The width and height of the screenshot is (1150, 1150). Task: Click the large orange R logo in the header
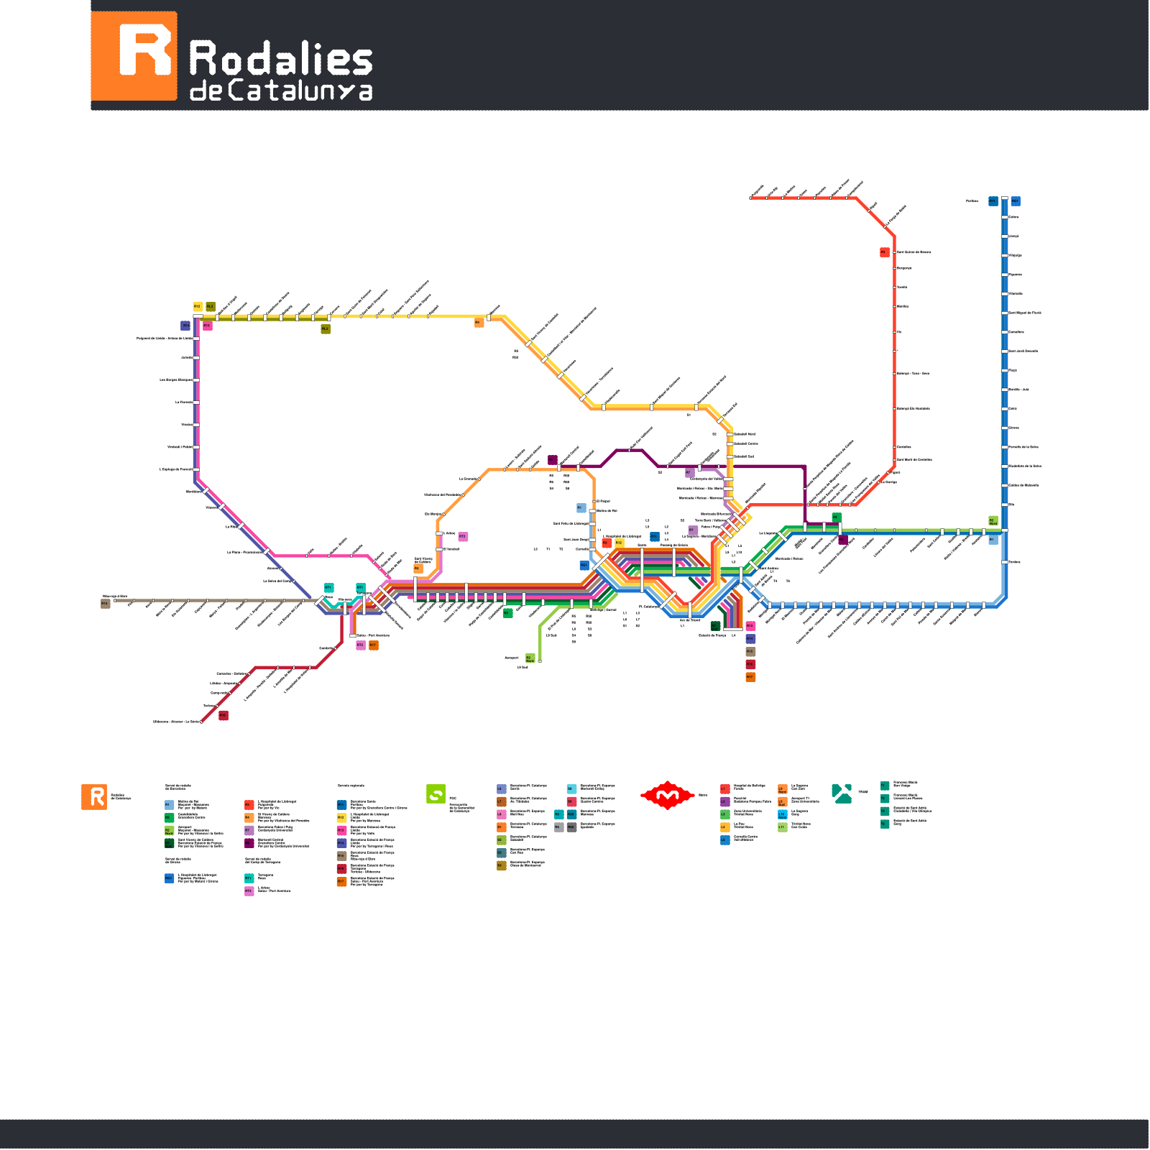(134, 56)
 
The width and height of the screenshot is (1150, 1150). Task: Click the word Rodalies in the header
(280, 58)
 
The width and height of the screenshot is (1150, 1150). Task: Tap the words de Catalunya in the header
(280, 91)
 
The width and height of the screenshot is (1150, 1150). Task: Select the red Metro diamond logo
(667, 795)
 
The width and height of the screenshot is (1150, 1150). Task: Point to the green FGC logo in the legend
(436, 794)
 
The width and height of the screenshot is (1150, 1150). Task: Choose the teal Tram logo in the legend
(842, 793)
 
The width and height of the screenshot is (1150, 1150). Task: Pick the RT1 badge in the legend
(249, 878)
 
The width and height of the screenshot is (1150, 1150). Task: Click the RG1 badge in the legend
(169, 878)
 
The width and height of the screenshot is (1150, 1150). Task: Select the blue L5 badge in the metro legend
(725, 839)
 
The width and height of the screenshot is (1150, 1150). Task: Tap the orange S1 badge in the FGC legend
(501, 827)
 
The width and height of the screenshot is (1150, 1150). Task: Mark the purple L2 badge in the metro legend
(725, 801)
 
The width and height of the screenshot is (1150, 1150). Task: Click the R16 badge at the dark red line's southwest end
(224, 715)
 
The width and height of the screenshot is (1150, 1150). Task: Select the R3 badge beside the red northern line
(884, 252)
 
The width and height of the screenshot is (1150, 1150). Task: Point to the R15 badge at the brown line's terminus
(105, 604)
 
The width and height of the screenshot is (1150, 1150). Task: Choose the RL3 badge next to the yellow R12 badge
(211, 307)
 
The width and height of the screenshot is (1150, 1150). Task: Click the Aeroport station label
(511, 658)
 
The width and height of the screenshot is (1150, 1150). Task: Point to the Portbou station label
(972, 201)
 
